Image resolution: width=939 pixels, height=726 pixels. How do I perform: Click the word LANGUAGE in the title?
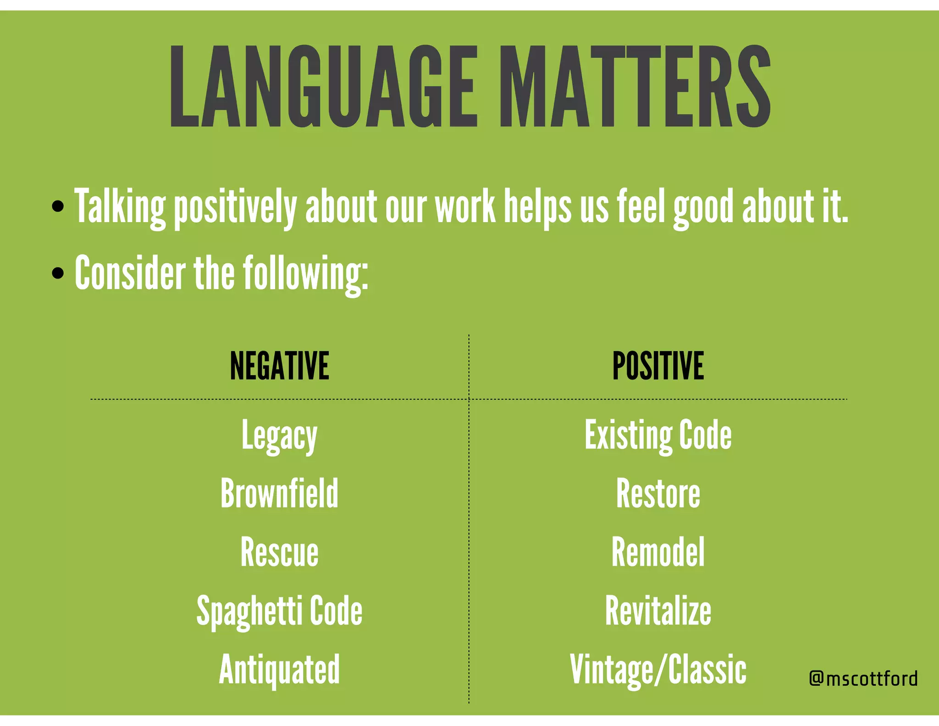[x=323, y=86]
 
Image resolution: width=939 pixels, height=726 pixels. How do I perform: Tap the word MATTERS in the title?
[x=635, y=86]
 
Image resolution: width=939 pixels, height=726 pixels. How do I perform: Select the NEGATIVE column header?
[x=279, y=366]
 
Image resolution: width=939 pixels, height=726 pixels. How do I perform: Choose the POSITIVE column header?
[x=658, y=366]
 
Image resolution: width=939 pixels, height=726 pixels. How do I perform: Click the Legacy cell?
[x=279, y=436]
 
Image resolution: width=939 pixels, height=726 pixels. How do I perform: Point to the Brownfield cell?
[x=279, y=493]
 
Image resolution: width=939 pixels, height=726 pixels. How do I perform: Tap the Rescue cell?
[x=279, y=552]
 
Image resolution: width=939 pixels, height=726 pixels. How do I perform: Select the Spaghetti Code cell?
[x=279, y=611]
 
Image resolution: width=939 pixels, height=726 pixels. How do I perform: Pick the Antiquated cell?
[x=279, y=669]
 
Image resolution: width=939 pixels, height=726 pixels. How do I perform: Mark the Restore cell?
[x=658, y=493]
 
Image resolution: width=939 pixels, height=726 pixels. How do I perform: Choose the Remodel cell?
[x=658, y=552]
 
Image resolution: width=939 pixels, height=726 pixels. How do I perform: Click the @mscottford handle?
[x=863, y=678]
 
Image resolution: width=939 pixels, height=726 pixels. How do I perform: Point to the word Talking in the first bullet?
[x=120, y=207]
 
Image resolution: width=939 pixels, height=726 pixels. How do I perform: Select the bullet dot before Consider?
[x=58, y=274]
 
